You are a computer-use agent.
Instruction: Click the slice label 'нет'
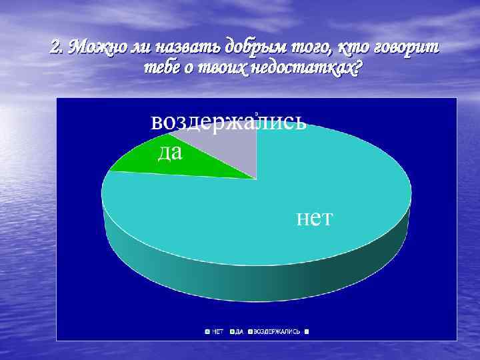[314, 218]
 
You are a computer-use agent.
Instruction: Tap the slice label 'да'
[170, 153]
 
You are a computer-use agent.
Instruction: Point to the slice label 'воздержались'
[228, 123]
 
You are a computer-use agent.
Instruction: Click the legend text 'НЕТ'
[218, 331]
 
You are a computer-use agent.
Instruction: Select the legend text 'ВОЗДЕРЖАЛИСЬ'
[277, 331]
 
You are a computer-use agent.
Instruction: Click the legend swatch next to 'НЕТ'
[208, 331]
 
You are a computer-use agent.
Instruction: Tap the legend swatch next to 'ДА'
[232, 331]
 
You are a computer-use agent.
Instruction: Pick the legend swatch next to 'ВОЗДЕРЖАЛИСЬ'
[251, 331]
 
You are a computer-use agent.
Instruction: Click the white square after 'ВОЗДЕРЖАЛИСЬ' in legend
[308, 331]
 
